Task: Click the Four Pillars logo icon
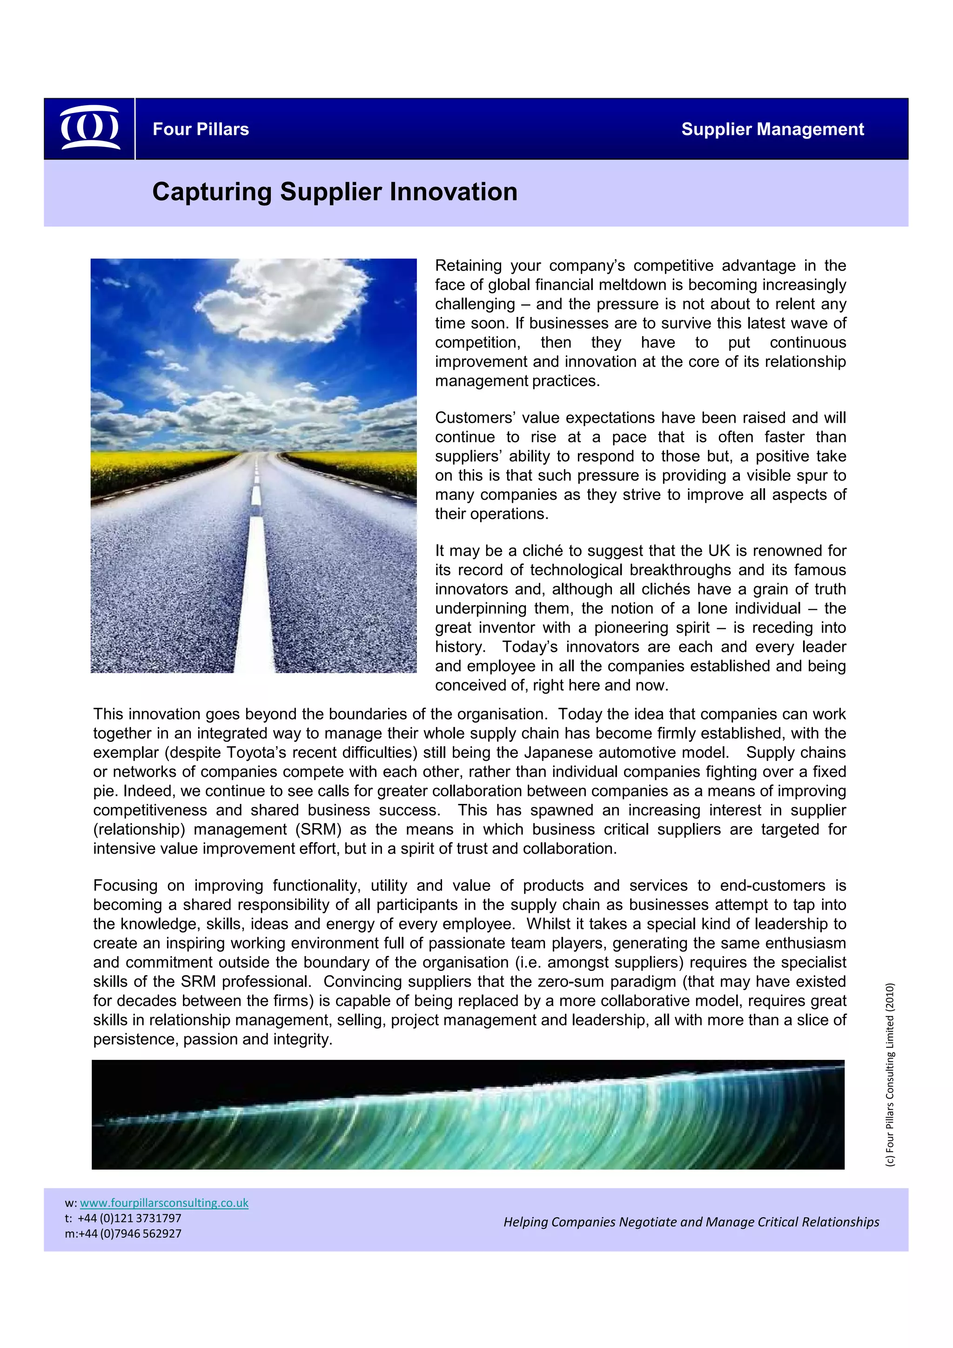[90, 128]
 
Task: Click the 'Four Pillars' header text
[201, 129]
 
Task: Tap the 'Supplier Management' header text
[772, 129]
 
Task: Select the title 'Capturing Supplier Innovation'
[335, 192]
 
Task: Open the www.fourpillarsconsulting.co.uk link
[164, 1203]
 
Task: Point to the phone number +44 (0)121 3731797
[129, 1218]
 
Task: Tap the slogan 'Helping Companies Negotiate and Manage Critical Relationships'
[691, 1222]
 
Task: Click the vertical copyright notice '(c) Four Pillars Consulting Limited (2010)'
[890, 1074]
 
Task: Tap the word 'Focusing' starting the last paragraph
[126, 885]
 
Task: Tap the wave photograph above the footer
[468, 1114]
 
